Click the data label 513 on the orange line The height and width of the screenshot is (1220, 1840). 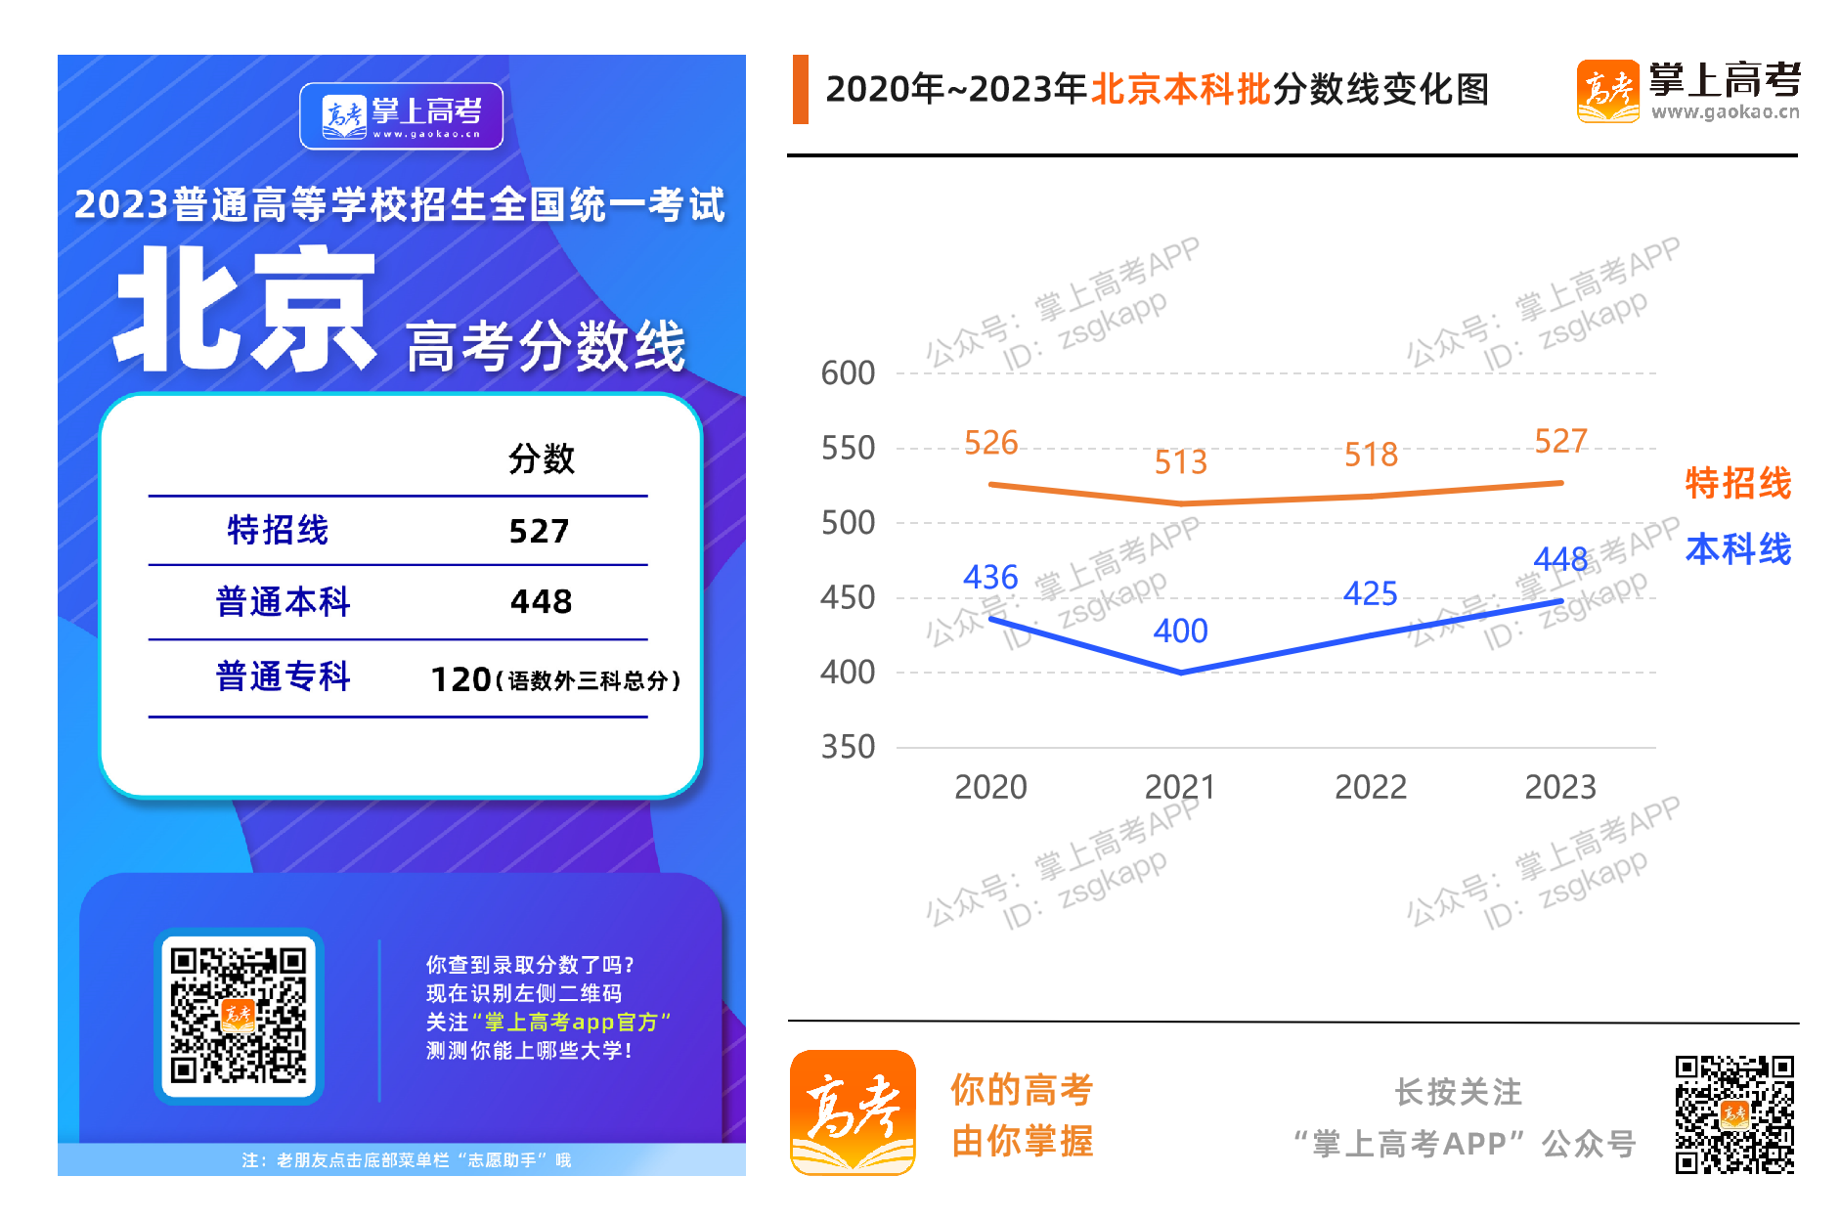click(x=1180, y=461)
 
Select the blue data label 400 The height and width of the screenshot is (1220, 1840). click(x=1180, y=631)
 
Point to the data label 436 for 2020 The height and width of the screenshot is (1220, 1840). click(x=990, y=577)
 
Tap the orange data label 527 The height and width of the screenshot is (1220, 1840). click(x=1560, y=441)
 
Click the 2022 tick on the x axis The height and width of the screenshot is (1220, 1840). click(x=1370, y=787)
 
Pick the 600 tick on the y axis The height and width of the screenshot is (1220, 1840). click(x=847, y=373)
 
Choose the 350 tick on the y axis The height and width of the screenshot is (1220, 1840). click(x=847, y=747)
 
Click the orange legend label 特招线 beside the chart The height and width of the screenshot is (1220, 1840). click(x=1737, y=483)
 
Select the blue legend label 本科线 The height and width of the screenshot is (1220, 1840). click(x=1737, y=549)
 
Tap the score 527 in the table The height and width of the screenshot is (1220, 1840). click(x=539, y=531)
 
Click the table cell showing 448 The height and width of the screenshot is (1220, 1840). click(x=541, y=601)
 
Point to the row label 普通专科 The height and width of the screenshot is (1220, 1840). click(x=283, y=676)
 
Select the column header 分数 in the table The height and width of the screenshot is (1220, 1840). click(x=541, y=458)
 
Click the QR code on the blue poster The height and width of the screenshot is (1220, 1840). click(x=239, y=1016)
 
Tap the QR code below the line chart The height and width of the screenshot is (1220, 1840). click(x=1734, y=1113)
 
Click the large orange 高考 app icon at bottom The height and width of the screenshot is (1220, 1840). click(x=853, y=1112)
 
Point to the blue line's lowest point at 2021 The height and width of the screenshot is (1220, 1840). click(x=1181, y=673)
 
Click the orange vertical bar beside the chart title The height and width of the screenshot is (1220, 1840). click(x=801, y=90)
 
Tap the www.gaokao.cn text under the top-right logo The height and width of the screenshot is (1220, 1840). click(x=1725, y=112)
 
